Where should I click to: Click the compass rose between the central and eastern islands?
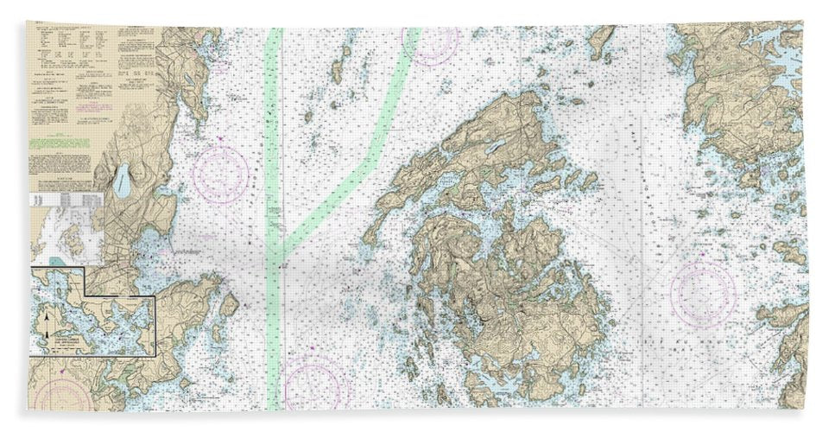click(703, 293)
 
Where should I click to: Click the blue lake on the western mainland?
click(123, 180)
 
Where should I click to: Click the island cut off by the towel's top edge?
click(602, 36)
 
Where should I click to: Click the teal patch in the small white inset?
click(56, 259)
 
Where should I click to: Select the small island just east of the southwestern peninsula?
click(229, 305)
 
